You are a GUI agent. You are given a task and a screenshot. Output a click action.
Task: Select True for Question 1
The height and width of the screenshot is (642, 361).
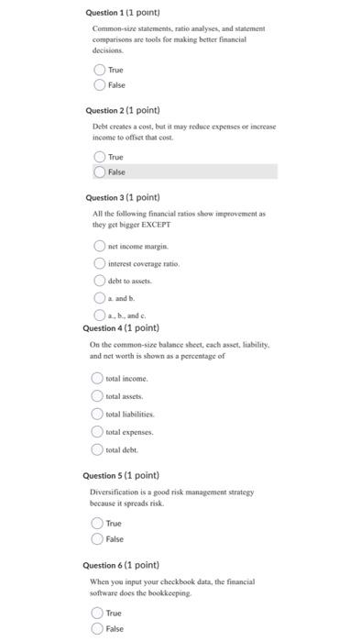tap(99, 70)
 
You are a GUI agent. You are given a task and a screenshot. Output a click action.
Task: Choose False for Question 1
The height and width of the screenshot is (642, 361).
tap(99, 84)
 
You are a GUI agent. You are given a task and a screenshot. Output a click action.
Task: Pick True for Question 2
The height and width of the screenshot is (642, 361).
tap(99, 157)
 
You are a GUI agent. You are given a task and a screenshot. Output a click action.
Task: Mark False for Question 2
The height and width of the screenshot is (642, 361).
tap(99, 172)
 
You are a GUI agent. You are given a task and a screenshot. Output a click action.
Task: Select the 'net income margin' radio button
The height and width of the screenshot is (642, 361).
tap(99, 247)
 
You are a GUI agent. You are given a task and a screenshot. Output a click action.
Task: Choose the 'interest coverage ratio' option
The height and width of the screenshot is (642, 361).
tap(99, 263)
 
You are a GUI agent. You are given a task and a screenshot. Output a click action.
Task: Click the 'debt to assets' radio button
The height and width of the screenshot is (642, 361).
tap(99, 281)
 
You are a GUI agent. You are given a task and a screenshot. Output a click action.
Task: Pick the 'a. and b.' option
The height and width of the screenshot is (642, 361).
tap(99, 297)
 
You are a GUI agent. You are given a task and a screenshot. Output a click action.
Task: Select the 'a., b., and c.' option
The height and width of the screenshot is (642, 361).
tap(99, 314)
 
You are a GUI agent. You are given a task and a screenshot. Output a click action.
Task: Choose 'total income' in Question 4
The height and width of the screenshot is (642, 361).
tap(97, 378)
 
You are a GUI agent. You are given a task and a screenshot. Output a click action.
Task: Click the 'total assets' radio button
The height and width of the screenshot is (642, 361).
tap(97, 395)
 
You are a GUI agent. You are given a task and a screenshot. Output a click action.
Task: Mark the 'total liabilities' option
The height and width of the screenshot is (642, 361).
tap(97, 413)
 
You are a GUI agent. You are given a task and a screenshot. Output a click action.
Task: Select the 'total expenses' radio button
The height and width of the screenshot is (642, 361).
tap(97, 430)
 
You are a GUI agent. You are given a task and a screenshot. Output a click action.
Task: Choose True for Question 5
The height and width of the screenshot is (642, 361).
tap(97, 523)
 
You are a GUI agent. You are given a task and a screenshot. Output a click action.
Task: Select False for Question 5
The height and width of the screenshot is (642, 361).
tap(97, 538)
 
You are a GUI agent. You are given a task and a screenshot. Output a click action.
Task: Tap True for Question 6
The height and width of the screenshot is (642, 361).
tap(97, 613)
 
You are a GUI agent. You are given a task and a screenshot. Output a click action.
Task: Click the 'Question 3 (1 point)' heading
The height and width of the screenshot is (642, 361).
tap(122, 197)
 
